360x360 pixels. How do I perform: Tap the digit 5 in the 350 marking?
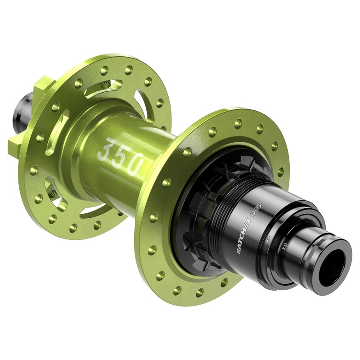point(120,157)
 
